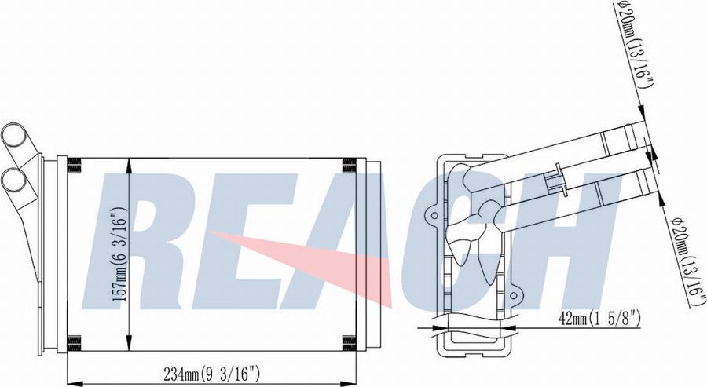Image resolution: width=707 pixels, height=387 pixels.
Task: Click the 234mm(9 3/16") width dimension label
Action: point(211,374)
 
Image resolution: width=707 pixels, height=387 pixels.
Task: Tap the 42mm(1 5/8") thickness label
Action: point(599,319)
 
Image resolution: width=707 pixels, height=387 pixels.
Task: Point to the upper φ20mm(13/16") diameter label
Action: point(634,45)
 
